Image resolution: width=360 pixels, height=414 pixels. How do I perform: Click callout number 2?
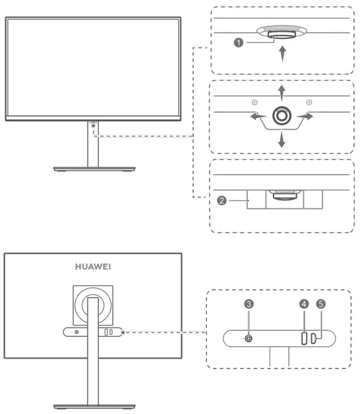click(x=223, y=198)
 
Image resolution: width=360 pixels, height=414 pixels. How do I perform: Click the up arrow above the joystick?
click(x=282, y=90)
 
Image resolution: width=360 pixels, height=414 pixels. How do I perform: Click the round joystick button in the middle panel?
click(x=282, y=115)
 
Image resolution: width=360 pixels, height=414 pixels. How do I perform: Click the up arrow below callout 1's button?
click(x=283, y=54)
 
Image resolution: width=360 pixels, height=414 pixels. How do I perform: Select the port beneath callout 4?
click(x=304, y=339)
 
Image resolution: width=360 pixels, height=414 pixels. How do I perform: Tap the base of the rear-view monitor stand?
click(x=92, y=405)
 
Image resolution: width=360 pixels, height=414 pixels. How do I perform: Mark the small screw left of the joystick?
click(x=255, y=102)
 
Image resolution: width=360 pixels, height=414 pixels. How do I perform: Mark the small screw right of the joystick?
click(x=309, y=102)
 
